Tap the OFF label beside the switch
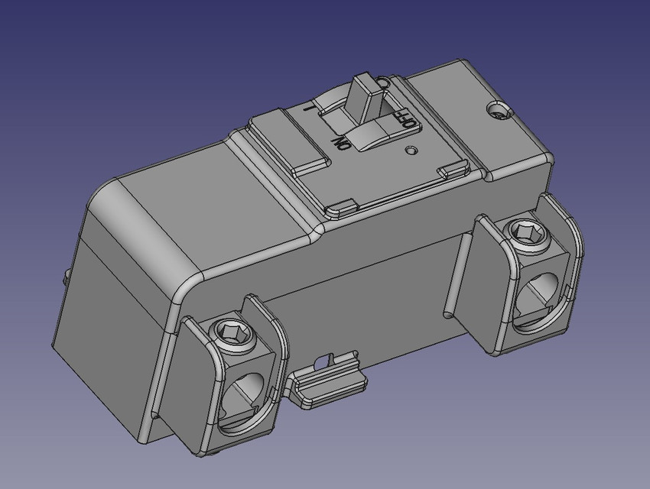(x=407, y=121)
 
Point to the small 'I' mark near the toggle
(x=308, y=108)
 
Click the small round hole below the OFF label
(x=414, y=149)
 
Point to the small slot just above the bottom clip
(x=330, y=357)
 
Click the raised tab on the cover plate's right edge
(x=452, y=171)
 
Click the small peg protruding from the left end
(x=67, y=274)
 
